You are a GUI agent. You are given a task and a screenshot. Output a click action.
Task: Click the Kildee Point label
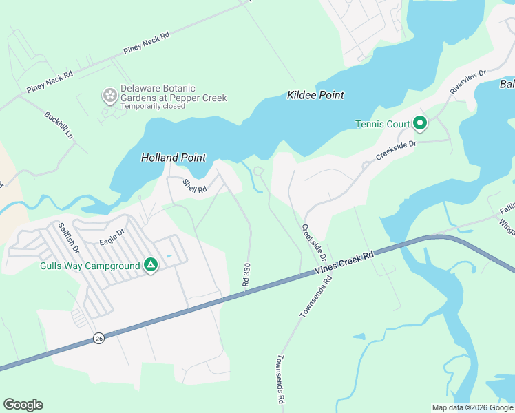click(x=315, y=95)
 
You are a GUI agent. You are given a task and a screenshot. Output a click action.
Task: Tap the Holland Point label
click(x=174, y=158)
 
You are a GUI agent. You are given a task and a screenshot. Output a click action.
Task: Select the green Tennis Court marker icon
click(x=420, y=125)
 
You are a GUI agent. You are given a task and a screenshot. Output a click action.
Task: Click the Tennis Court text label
click(x=381, y=125)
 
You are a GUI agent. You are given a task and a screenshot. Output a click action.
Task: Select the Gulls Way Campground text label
click(x=90, y=266)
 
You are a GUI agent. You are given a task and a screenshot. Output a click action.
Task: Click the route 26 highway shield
click(x=99, y=339)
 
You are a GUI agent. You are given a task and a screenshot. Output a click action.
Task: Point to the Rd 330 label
click(x=246, y=275)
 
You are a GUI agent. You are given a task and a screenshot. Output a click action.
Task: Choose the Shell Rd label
click(x=194, y=186)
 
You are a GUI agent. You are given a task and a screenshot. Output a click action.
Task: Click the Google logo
click(x=23, y=405)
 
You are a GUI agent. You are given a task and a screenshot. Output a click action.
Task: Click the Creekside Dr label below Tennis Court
click(x=397, y=151)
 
